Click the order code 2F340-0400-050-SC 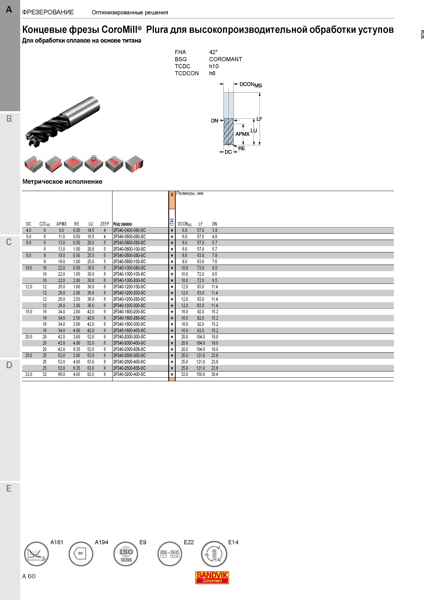[x=129, y=230]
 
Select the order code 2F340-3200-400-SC [x=129, y=374]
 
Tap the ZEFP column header [x=105, y=224]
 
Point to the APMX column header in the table [x=61, y=224]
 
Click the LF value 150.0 [x=201, y=374]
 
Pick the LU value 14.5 [x=91, y=230]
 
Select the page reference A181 [x=57, y=542]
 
